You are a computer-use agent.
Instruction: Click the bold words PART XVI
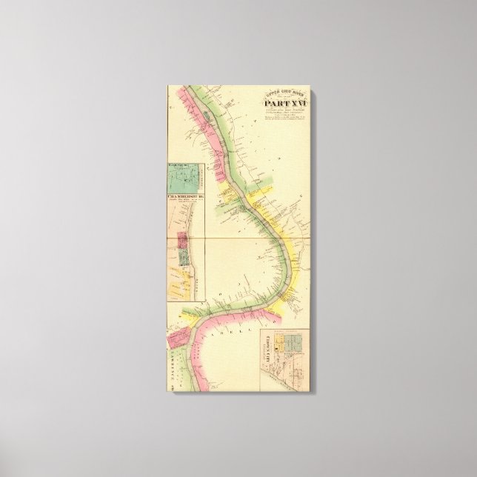(284, 104)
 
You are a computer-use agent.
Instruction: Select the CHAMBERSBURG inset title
(185, 196)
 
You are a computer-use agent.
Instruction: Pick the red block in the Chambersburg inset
(181, 241)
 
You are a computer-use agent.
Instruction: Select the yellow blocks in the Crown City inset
(281, 344)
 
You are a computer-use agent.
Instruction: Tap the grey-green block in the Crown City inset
(294, 343)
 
